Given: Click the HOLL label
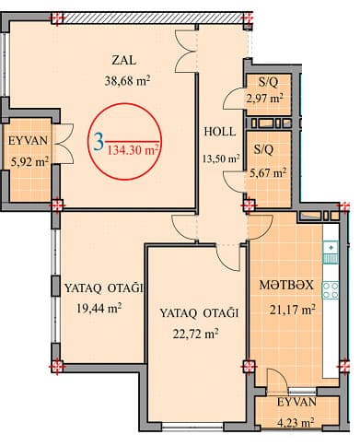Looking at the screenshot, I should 220,131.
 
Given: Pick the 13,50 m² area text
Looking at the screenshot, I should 219,158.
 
